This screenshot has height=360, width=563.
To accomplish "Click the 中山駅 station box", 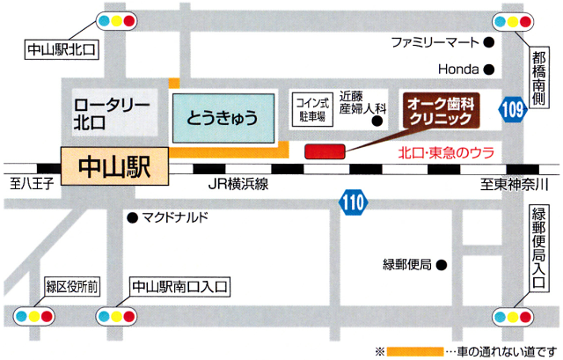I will point(115,165).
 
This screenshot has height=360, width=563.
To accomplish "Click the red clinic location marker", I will point(325,151).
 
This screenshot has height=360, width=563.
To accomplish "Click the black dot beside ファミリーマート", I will point(490,41).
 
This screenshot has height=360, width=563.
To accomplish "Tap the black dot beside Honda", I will point(490,69).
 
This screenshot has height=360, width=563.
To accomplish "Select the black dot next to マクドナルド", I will point(132,217).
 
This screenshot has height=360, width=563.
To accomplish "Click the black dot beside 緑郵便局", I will point(443,263).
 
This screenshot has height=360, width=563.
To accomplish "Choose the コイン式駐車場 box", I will point(312,109).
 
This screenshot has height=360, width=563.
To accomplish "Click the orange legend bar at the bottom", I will point(421,349).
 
